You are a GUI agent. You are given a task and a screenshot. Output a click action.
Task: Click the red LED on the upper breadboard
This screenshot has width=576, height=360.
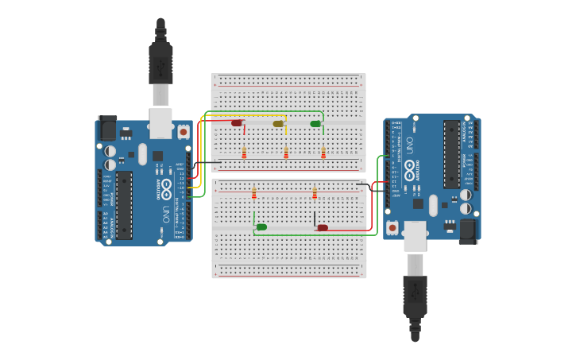tap(237, 123)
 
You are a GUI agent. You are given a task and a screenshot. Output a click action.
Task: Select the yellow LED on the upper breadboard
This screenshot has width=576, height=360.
tap(278, 123)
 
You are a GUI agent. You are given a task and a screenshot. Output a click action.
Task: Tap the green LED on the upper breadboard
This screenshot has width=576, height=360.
tap(315, 124)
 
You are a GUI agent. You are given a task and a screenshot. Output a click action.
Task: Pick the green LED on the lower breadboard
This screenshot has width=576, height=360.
tap(261, 227)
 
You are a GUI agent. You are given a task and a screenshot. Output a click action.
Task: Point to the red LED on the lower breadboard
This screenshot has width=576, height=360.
tap(323, 228)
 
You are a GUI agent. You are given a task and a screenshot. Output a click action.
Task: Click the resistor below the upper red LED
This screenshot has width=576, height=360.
tap(244, 153)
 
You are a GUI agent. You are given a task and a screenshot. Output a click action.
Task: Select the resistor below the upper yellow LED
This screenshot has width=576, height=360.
tap(286, 153)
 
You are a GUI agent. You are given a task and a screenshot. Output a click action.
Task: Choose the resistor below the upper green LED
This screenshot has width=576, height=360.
tap(323, 153)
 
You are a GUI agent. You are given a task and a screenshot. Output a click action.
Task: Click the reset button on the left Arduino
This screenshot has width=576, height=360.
tap(184, 132)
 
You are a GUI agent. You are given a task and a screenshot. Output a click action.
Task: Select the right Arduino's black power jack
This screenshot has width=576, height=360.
tap(468, 230)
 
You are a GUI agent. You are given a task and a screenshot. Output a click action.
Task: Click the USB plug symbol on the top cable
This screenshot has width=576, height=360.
tap(160, 64)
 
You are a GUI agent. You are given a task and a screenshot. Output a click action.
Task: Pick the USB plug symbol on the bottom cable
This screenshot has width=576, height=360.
tap(415, 296)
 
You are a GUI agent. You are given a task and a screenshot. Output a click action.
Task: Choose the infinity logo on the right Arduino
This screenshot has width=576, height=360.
tap(409, 169)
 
